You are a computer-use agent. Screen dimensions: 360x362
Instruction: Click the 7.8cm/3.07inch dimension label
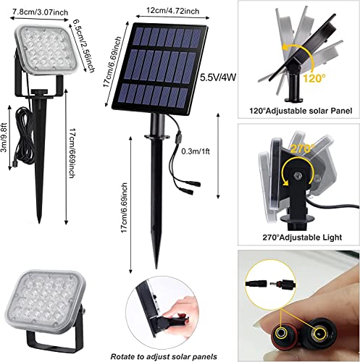click(40, 12)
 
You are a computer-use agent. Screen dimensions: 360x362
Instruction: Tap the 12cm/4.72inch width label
click(173, 11)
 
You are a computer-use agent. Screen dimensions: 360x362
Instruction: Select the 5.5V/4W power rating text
click(218, 77)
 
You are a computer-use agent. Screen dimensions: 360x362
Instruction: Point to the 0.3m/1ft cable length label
click(196, 151)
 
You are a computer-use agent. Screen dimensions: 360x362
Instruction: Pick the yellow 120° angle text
click(314, 78)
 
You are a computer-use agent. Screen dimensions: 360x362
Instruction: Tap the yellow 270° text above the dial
click(302, 148)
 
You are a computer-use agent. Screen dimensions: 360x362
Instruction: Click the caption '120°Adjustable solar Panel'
click(301, 111)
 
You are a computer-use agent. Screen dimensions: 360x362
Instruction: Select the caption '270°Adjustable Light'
click(302, 237)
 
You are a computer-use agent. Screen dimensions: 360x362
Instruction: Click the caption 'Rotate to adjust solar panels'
click(164, 356)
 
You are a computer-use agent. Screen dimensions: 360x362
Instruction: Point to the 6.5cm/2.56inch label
click(83, 46)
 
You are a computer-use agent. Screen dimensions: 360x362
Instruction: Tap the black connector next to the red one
click(317, 334)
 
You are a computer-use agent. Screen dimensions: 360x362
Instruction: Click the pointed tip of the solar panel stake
click(157, 268)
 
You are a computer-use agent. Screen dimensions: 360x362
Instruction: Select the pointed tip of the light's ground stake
click(39, 222)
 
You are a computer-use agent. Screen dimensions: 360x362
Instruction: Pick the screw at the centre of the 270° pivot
click(298, 175)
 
